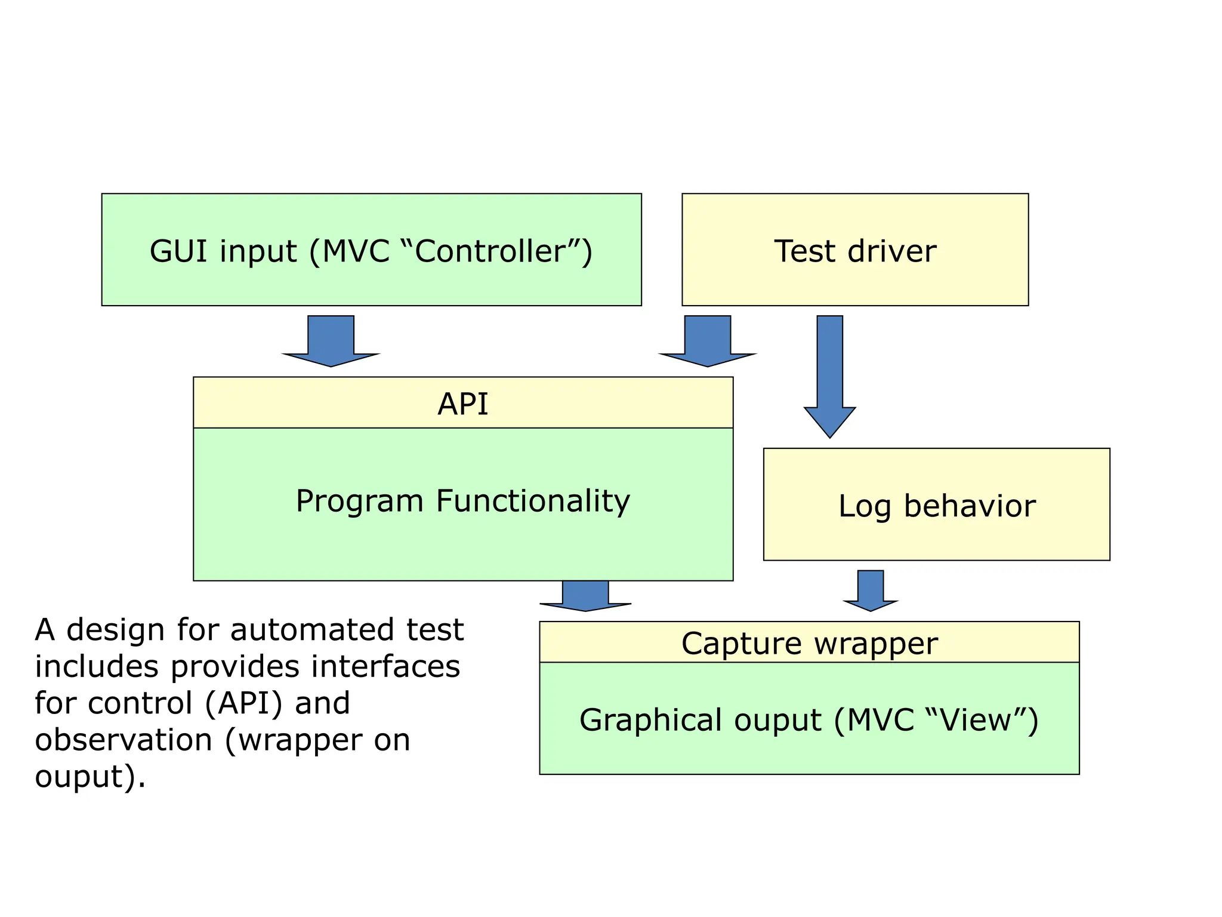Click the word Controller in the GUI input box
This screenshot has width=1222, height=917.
click(x=490, y=251)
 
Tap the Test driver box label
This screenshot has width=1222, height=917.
click(x=854, y=251)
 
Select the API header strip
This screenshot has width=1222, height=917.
click(x=462, y=403)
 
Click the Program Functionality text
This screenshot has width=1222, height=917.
click(x=462, y=501)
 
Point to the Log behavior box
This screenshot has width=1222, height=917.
click(x=936, y=506)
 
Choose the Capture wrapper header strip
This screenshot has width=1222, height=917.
click(x=809, y=643)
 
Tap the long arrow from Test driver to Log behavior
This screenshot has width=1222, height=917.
click(x=829, y=376)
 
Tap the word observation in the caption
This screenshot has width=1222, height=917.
click(x=124, y=740)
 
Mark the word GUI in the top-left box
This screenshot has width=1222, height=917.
click(x=178, y=251)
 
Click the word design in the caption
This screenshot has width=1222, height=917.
click(x=115, y=630)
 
